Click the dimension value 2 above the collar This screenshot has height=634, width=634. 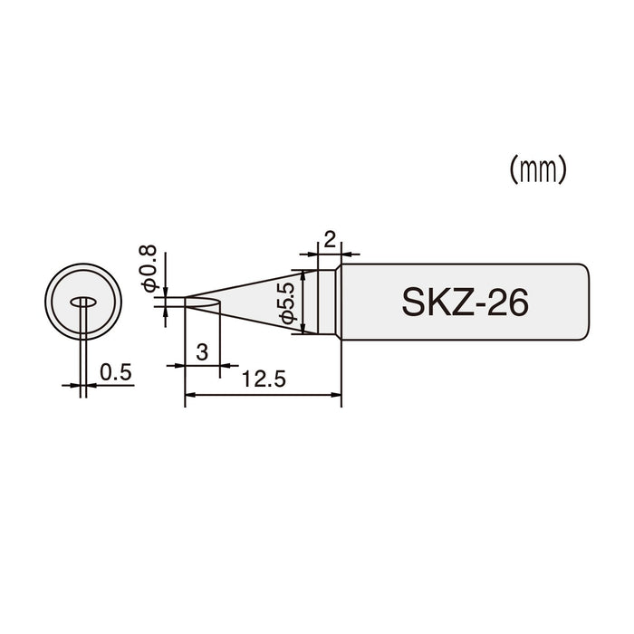pos(329,240)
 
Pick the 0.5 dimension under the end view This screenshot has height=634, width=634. pos(116,371)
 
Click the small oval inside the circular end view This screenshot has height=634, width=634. pos(83,303)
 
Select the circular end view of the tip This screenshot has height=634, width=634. pos(83,303)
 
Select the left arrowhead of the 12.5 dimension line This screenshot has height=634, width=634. pos(188,395)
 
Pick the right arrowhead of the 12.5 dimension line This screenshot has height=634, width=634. pos(336,395)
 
